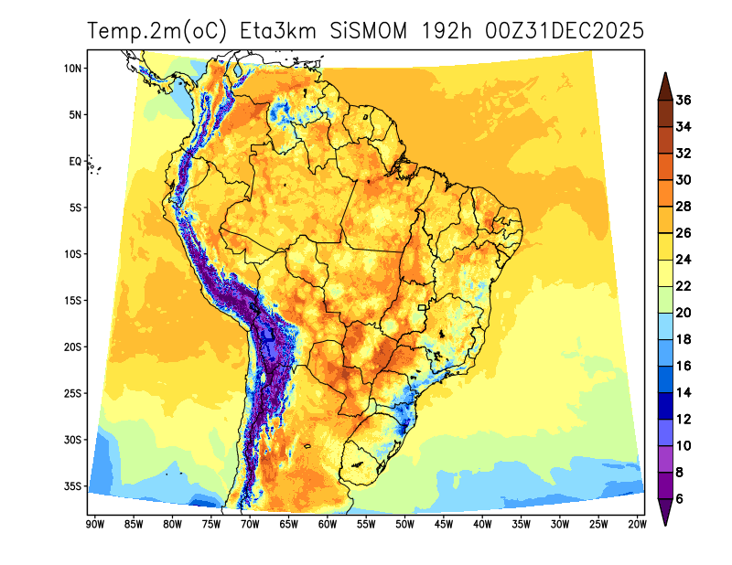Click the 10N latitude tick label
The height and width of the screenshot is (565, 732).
pyautogui.click(x=73, y=69)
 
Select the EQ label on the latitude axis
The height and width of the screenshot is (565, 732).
pyautogui.click(x=76, y=162)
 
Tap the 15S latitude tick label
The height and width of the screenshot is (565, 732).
pyautogui.click(x=73, y=301)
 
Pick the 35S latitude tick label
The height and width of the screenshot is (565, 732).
pyautogui.click(x=73, y=486)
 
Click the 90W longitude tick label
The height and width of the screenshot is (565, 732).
pyautogui.click(x=93, y=524)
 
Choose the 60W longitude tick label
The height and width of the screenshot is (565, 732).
pyautogui.click(x=327, y=524)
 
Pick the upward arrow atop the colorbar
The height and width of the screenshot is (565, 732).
pyautogui.click(x=665, y=83)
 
